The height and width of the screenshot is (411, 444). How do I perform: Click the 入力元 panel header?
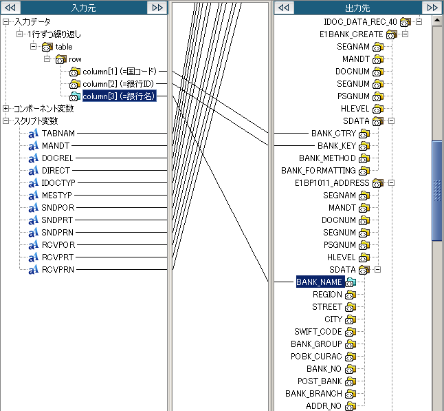click(x=84, y=7)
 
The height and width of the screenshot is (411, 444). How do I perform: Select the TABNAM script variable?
click(x=58, y=133)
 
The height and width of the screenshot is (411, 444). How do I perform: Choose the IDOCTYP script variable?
click(x=58, y=183)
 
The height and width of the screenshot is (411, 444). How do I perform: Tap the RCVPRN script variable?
click(x=58, y=270)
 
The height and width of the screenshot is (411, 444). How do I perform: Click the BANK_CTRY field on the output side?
click(x=333, y=133)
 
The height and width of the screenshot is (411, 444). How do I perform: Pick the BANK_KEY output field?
click(x=337, y=146)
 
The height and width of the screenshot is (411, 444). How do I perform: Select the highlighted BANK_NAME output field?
click(x=319, y=282)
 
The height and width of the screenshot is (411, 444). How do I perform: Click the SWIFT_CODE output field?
click(x=318, y=332)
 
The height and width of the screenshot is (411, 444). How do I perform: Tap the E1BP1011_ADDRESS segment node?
click(x=332, y=183)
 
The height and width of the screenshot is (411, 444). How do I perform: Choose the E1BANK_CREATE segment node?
click(x=351, y=34)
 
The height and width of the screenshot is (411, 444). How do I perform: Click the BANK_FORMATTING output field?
click(x=318, y=171)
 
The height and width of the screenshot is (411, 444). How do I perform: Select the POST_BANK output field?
click(x=320, y=381)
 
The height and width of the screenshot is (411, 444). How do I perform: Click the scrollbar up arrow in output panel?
click(x=436, y=21)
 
